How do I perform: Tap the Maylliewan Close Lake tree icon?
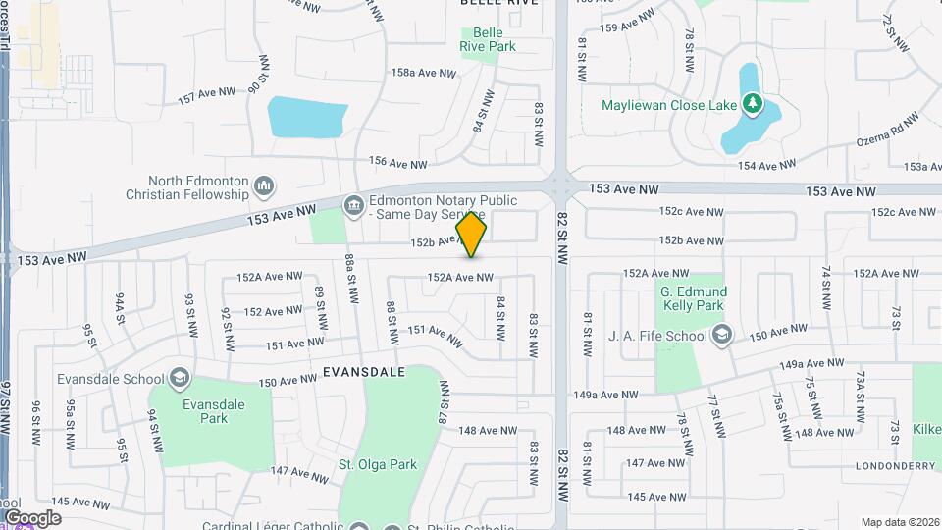752,102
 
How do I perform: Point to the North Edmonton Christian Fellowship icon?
263,185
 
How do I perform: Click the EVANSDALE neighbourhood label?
363,373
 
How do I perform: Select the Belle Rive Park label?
488,38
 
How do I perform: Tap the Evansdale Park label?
213,410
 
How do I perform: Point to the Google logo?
32,517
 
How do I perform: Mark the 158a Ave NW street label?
424,74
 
